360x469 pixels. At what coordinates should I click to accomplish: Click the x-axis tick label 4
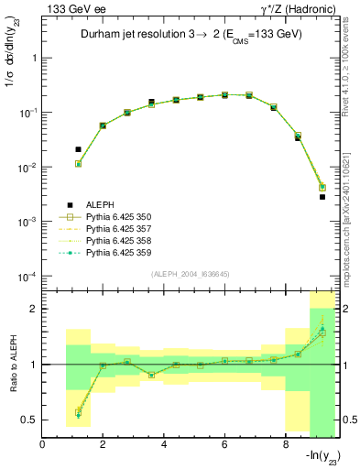point(164,446)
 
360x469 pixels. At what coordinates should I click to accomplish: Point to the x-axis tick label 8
point(286,446)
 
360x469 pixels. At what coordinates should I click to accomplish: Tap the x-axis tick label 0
point(43,446)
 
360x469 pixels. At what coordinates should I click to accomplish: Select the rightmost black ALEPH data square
point(322,197)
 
